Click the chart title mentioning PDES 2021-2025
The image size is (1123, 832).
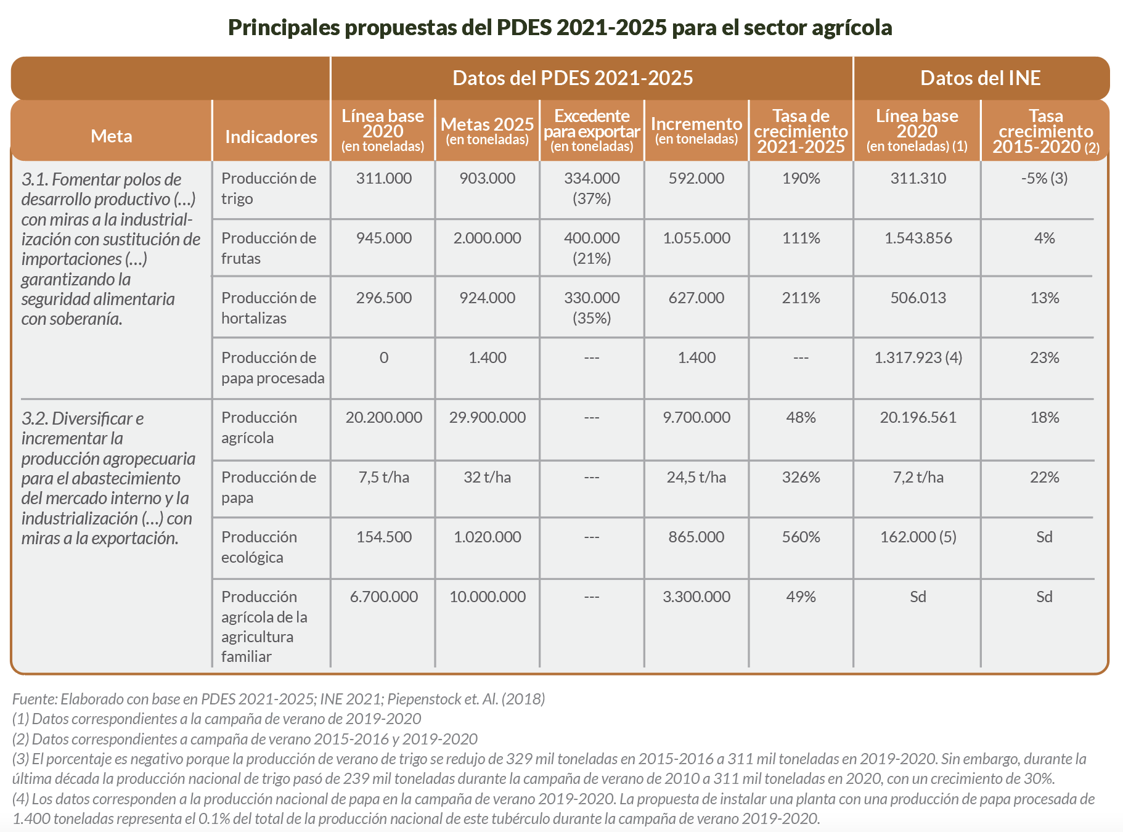pyautogui.click(x=560, y=28)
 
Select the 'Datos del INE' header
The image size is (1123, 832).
pyautogui.click(x=980, y=78)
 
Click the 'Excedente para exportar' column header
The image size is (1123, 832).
pyautogui.click(x=592, y=131)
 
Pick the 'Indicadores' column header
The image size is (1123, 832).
pyautogui.click(x=271, y=136)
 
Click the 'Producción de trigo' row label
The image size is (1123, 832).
pyautogui.click(x=269, y=188)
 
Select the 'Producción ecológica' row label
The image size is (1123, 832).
pyautogui.click(x=259, y=547)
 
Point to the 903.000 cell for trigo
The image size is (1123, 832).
pyautogui.click(x=487, y=178)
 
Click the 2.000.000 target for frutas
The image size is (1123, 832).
pyautogui.click(x=487, y=238)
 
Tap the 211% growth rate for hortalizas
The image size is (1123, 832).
pyautogui.click(x=801, y=298)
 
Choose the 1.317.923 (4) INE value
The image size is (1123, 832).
pyautogui.click(x=918, y=357)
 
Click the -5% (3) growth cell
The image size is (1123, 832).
pyautogui.click(x=1044, y=178)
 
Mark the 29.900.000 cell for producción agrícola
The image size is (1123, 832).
pyautogui.click(x=487, y=417)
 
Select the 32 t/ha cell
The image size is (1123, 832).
pyautogui.click(x=487, y=477)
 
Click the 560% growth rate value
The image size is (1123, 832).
pyautogui.click(x=801, y=537)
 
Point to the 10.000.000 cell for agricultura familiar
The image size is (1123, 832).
pyautogui.click(x=487, y=597)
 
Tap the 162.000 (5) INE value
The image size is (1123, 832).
pyautogui.click(x=918, y=537)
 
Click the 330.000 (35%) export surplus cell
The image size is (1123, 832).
pyautogui.click(x=592, y=308)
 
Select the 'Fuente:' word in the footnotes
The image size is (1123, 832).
pyautogui.click(x=35, y=699)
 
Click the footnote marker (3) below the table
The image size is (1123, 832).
pyautogui.click(x=20, y=759)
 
